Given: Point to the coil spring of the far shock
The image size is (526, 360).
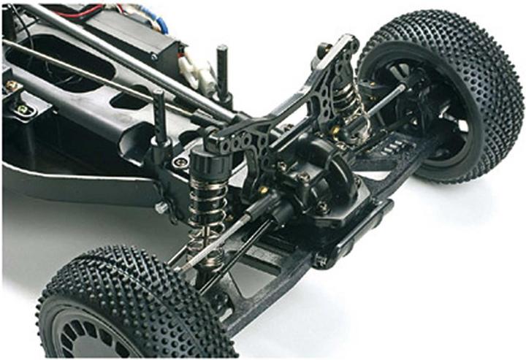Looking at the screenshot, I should (x=349, y=102).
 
